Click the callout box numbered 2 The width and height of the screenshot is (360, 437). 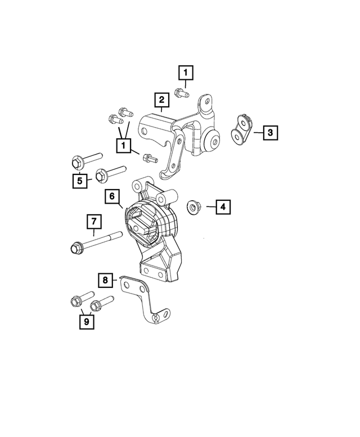tap(162, 100)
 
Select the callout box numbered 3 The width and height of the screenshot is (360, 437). tap(270, 132)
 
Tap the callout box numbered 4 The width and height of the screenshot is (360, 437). tap(223, 207)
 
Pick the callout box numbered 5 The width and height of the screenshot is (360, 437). tap(80, 181)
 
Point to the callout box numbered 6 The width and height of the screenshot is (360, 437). tap(112, 196)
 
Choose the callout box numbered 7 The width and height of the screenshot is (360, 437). tap(93, 221)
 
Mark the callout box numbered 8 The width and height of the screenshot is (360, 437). tap(105, 280)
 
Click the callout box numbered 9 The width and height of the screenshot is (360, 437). tap(87, 322)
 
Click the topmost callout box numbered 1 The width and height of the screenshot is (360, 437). tap(186, 73)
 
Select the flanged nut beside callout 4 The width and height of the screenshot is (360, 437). tap(192, 207)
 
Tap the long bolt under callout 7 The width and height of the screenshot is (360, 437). tap(96, 242)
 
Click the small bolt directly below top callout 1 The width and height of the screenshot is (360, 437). tap(182, 93)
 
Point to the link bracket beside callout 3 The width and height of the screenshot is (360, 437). tap(242, 130)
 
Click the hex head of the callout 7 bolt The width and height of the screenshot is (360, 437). tap(75, 248)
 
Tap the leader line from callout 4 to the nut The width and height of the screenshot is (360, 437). tap(210, 207)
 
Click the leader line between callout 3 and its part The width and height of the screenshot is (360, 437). tap(258, 133)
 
